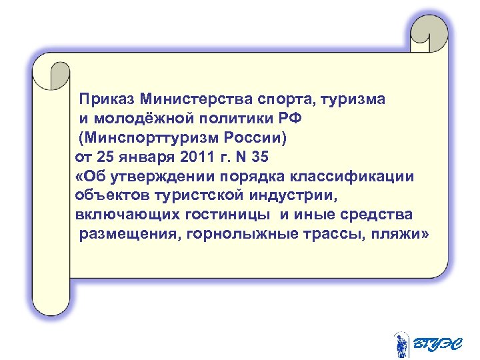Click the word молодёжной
tap(139, 119)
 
